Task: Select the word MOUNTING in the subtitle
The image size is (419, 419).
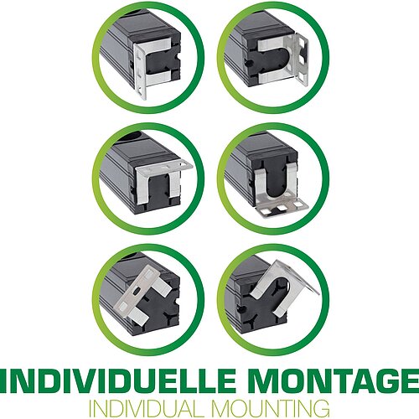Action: [270, 409]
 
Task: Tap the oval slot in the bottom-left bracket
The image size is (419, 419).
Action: [136, 292]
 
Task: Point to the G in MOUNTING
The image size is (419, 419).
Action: [321, 409]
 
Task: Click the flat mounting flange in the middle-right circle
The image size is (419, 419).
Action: [282, 206]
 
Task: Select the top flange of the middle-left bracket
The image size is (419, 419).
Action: [165, 167]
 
